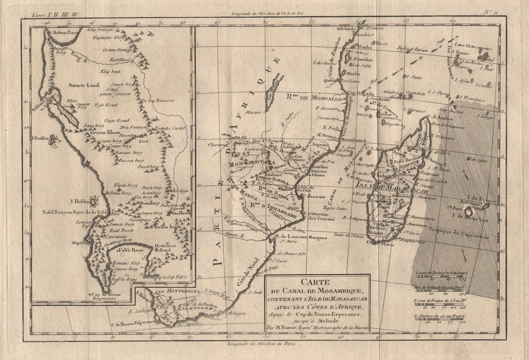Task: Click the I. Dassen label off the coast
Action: pos(40,138)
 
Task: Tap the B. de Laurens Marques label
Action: pos(301,237)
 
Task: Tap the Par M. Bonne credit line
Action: pos(317,327)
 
